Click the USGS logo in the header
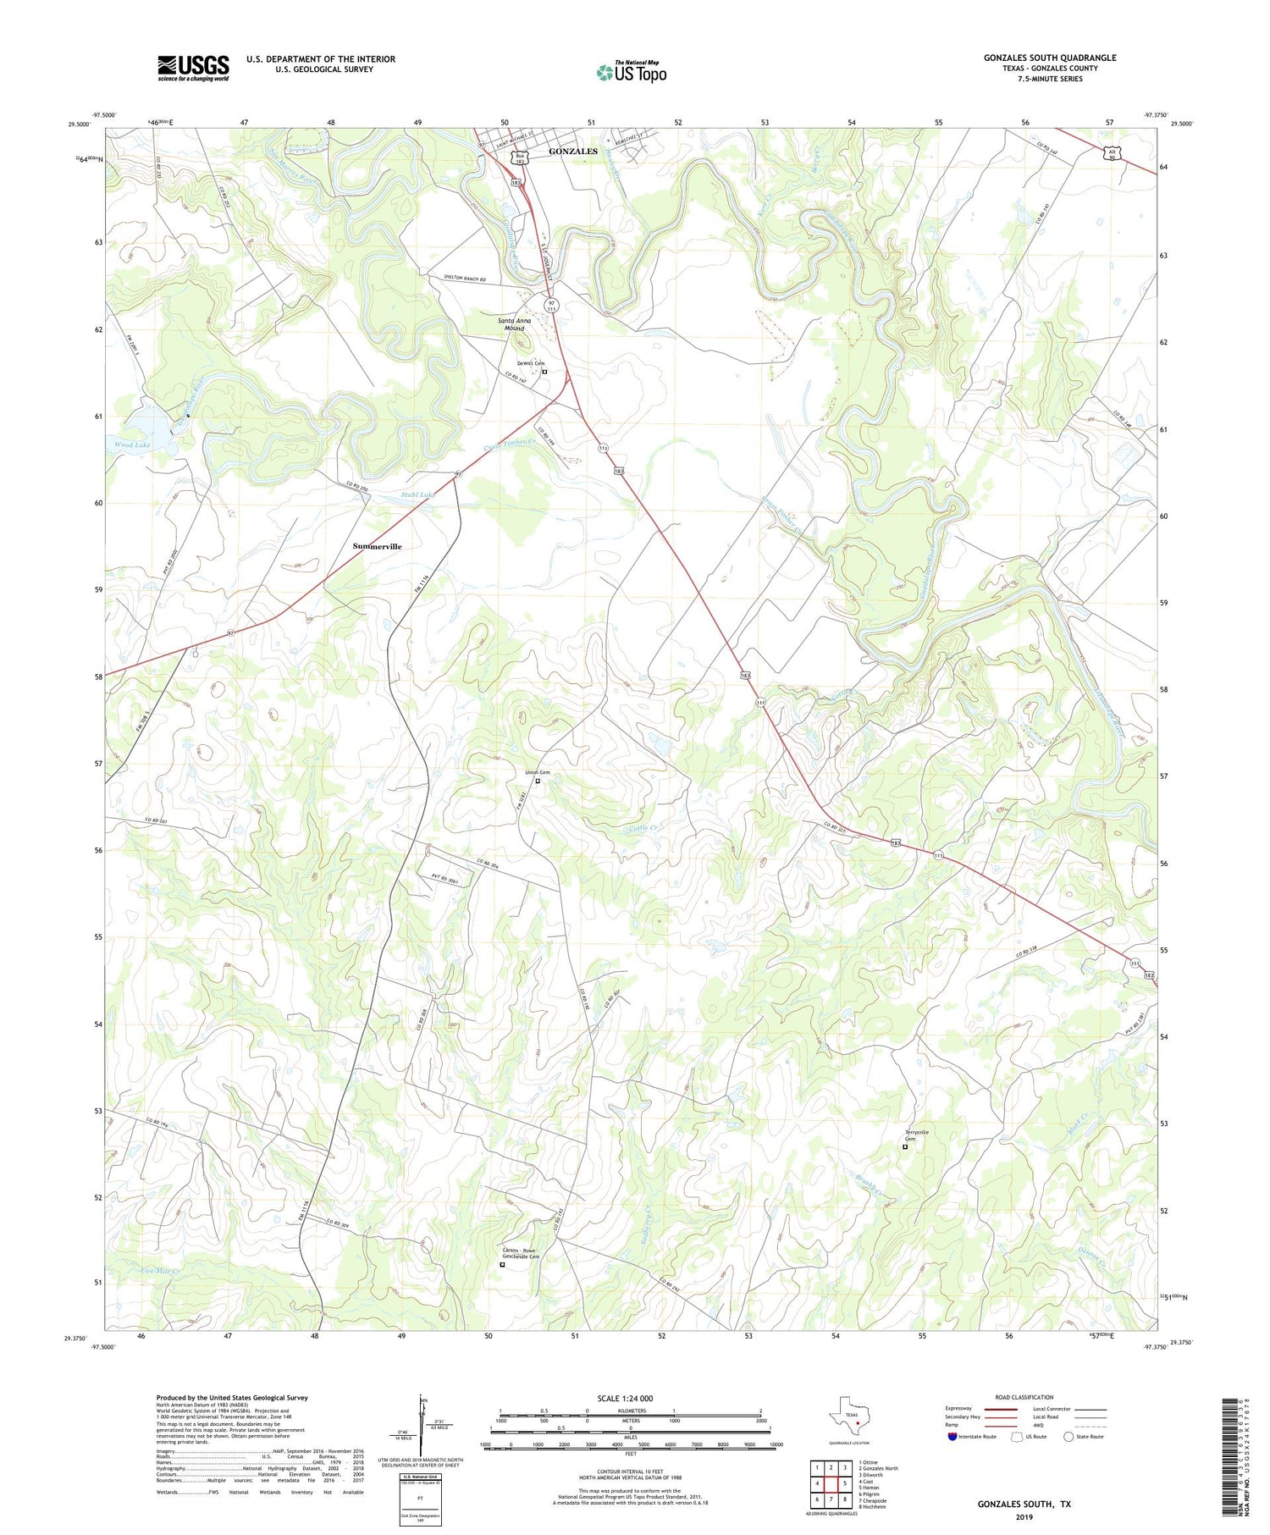[x=193, y=68]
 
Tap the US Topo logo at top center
[x=632, y=72]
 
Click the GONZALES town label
[x=573, y=152]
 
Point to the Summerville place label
[x=377, y=546]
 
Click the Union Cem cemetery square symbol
[x=538, y=781]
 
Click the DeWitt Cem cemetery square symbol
[x=544, y=372]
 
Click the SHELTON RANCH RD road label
[x=465, y=279]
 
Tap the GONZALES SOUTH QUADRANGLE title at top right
[x=1049, y=58]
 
